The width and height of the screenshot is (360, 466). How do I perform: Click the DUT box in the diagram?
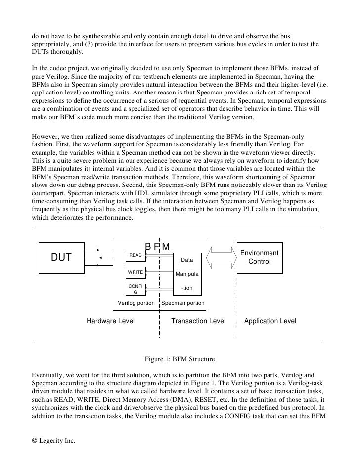pyautogui.click(x=62, y=257)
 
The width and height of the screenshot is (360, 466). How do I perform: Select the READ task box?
pyautogui.click(x=135, y=255)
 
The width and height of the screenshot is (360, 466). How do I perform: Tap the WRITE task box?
pyautogui.click(x=135, y=272)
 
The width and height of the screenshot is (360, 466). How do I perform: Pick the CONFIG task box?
pyautogui.click(x=135, y=289)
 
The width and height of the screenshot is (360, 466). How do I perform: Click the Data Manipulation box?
pyautogui.click(x=187, y=274)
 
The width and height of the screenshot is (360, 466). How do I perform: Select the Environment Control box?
pyautogui.click(x=260, y=257)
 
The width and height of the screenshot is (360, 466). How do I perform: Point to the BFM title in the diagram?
pyautogui.click(x=157, y=246)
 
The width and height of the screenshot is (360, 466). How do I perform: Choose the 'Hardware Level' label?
pyautogui.click(x=111, y=321)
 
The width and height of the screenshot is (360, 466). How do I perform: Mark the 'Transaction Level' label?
pyautogui.click(x=198, y=321)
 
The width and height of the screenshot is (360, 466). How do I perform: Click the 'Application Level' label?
pyautogui.click(x=270, y=321)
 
